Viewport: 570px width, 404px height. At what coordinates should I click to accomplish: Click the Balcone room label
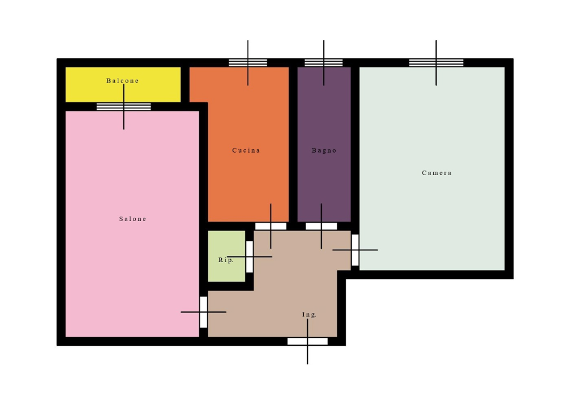click(x=123, y=81)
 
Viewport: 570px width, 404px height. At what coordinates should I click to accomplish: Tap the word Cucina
click(x=246, y=150)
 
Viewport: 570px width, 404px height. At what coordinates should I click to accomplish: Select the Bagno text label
click(x=325, y=150)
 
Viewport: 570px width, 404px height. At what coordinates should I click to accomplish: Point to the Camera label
click(x=437, y=173)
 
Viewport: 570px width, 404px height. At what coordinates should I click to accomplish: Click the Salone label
click(x=133, y=219)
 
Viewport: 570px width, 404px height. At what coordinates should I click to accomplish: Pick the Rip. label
click(x=226, y=260)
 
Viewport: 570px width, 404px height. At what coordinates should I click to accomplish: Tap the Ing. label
click(x=309, y=315)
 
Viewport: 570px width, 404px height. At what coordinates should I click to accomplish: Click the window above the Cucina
click(x=248, y=63)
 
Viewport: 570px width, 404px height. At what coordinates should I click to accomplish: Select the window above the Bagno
click(x=323, y=63)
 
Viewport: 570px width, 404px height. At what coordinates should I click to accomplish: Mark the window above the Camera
click(x=436, y=63)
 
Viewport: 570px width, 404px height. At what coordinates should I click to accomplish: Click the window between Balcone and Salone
click(x=124, y=107)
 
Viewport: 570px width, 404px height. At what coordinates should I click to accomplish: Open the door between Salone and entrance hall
click(x=203, y=313)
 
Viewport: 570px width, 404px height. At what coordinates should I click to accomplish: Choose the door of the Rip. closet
click(x=249, y=257)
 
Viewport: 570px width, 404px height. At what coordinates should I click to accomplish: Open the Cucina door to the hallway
click(x=271, y=226)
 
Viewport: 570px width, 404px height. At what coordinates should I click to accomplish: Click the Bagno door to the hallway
click(x=321, y=226)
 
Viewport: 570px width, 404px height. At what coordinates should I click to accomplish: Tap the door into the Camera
click(x=355, y=250)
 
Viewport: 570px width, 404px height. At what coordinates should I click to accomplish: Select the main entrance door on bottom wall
click(x=308, y=341)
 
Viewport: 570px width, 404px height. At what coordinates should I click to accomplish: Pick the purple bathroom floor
click(x=325, y=182)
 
